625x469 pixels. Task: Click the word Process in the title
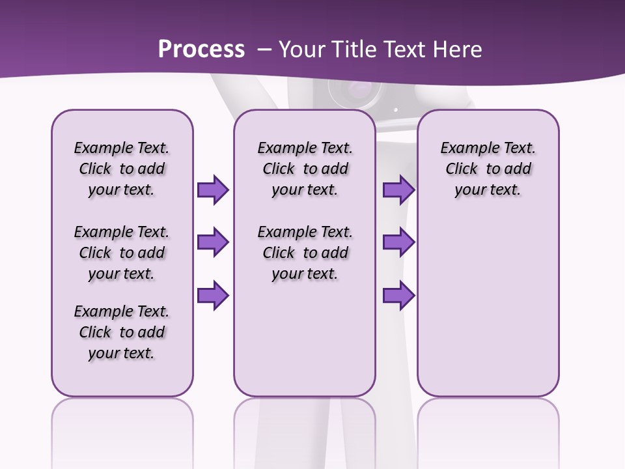click(201, 50)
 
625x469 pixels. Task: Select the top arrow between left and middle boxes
click(213, 190)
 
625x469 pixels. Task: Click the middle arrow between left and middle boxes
click(213, 242)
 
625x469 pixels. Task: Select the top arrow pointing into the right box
click(398, 190)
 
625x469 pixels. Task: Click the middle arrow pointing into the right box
click(398, 242)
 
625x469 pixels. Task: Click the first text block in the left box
click(122, 169)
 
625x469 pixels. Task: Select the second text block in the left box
click(122, 253)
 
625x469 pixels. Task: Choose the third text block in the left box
click(122, 332)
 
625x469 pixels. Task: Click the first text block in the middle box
click(305, 169)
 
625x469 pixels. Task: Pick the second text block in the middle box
click(305, 253)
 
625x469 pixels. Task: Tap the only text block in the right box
click(488, 169)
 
